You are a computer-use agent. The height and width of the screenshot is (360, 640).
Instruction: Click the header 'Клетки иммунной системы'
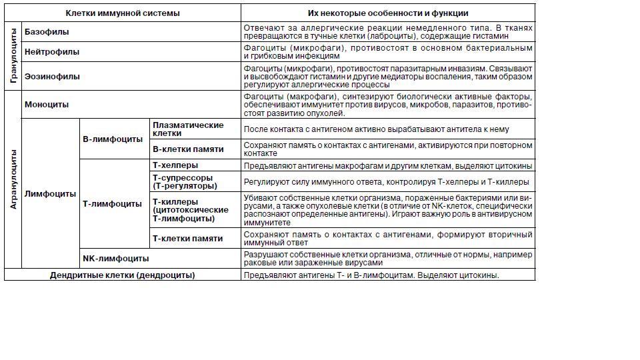click(123, 13)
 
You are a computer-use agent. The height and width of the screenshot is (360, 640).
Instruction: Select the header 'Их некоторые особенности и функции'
click(388, 13)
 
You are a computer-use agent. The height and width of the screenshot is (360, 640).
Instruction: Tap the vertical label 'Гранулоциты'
click(13, 57)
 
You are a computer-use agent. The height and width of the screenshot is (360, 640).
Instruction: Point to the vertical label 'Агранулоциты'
click(13, 180)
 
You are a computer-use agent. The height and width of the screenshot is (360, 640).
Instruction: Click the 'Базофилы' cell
click(47, 32)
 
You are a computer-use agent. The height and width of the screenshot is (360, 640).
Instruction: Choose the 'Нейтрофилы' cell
click(52, 52)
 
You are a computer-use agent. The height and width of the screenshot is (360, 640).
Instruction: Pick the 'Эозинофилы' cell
click(52, 77)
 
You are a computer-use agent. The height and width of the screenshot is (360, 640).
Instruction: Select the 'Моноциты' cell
click(47, 105)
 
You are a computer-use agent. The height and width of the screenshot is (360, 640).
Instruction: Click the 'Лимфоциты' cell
click(50, 194)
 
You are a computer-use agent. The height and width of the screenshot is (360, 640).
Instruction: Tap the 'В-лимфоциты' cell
click(113, 139)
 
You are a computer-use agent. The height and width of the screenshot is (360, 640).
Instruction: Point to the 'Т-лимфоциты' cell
click(112, 204)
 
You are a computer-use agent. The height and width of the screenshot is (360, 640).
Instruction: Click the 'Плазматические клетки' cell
click(188, 129)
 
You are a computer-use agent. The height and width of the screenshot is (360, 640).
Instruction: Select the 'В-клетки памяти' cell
click(188, 149)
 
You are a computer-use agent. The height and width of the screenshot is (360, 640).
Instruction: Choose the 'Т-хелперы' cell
click(175, 165)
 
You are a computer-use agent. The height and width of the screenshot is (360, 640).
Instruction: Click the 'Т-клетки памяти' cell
click(188, 239)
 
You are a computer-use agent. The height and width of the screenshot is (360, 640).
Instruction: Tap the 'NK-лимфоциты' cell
click(115, 259)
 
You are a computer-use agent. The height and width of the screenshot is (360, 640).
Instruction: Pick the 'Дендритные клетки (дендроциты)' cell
click(123, 275)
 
